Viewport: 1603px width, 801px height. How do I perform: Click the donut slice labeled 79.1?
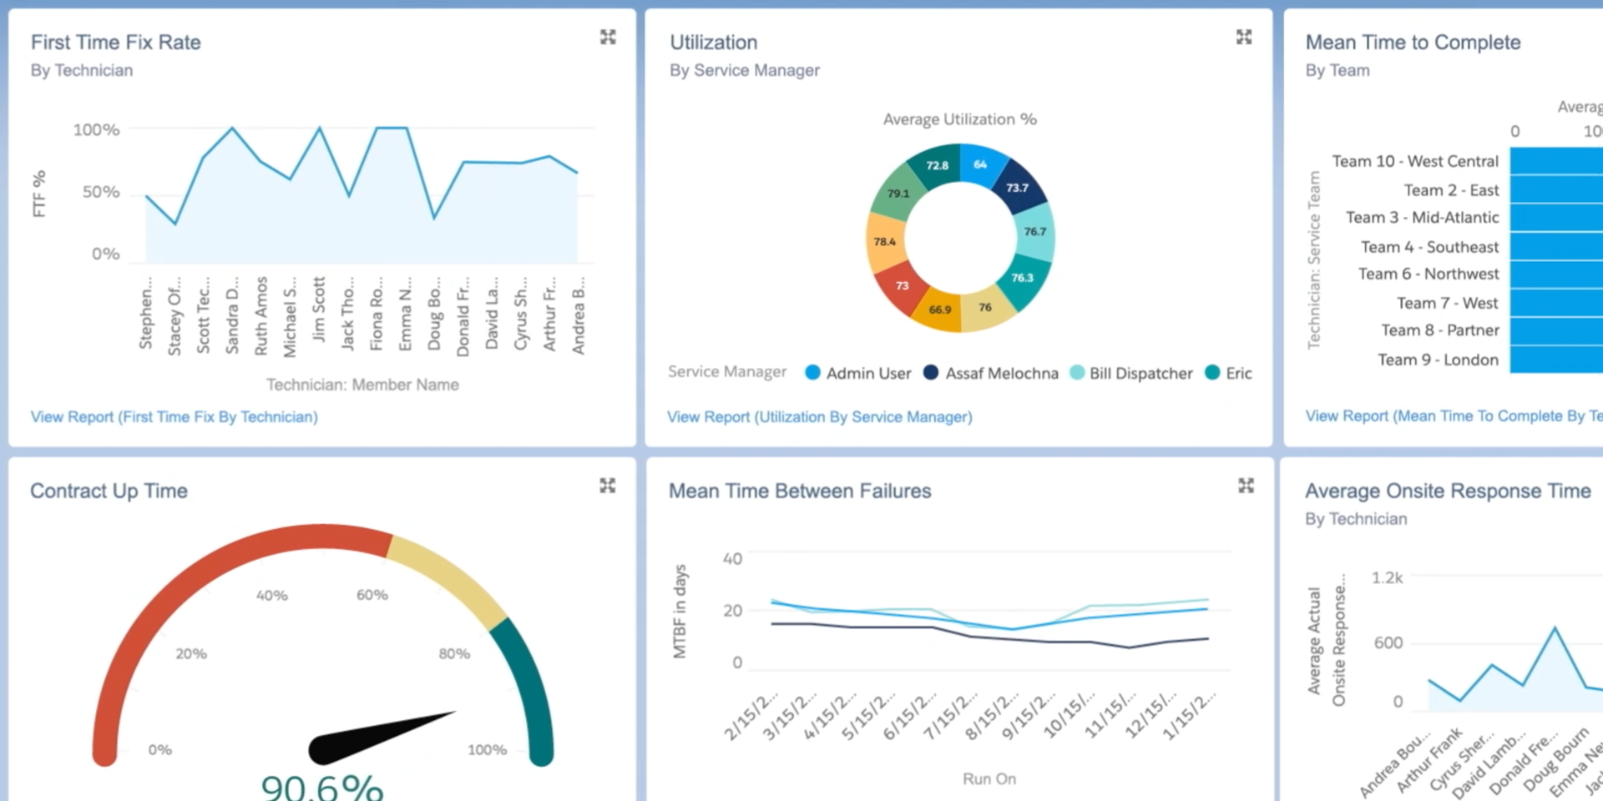(898, 194)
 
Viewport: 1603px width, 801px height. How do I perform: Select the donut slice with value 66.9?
(939, 310)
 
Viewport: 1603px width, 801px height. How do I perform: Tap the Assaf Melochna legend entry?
(991, 373)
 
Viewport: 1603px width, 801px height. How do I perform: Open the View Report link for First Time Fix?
(174, 416)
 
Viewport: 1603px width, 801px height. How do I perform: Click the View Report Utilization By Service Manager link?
(819, 416)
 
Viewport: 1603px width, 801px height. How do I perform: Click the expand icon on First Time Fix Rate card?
(608, 37)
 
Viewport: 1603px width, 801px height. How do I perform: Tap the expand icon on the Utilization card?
(1244, 37)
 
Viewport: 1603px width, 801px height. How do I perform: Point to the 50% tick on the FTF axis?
(101, 192)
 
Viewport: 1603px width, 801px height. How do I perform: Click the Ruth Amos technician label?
(261, 315)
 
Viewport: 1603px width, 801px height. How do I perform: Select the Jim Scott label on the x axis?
(319, 309)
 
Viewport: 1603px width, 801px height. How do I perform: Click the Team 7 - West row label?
(1447, 303)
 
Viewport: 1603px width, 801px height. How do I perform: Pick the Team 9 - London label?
(1438, 360)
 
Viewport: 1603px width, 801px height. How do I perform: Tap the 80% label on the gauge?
(454, 653)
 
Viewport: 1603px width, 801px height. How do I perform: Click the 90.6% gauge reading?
(322, 786)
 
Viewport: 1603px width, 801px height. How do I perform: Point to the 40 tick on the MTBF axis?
(732, 558)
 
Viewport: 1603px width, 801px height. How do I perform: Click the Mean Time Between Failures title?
(799, 491)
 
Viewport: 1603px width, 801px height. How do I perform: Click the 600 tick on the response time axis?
(1388, 642)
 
